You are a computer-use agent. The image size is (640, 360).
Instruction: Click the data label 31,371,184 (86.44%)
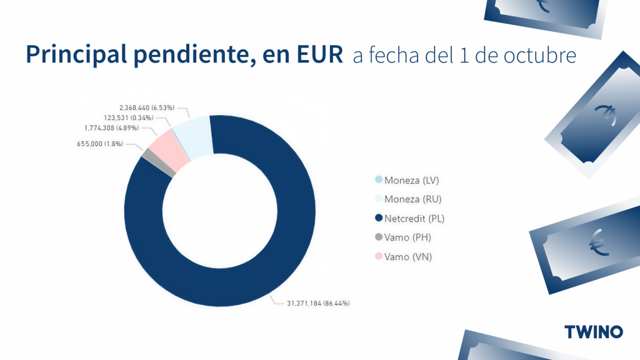point(318,303)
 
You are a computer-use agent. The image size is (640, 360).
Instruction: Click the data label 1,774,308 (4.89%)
point(116,129)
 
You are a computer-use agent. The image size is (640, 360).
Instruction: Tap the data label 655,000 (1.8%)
point(100,144)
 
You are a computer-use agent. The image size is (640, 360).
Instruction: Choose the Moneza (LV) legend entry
point(412,181)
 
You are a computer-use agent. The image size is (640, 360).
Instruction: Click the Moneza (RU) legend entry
point(412,199)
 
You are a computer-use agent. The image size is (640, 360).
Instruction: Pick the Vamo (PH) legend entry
point(407,237)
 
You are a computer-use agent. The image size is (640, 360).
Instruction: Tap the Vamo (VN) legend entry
point(408,257)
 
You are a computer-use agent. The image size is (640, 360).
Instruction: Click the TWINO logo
point(593,331)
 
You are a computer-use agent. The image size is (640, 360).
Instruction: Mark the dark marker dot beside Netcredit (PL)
point(378,219)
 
